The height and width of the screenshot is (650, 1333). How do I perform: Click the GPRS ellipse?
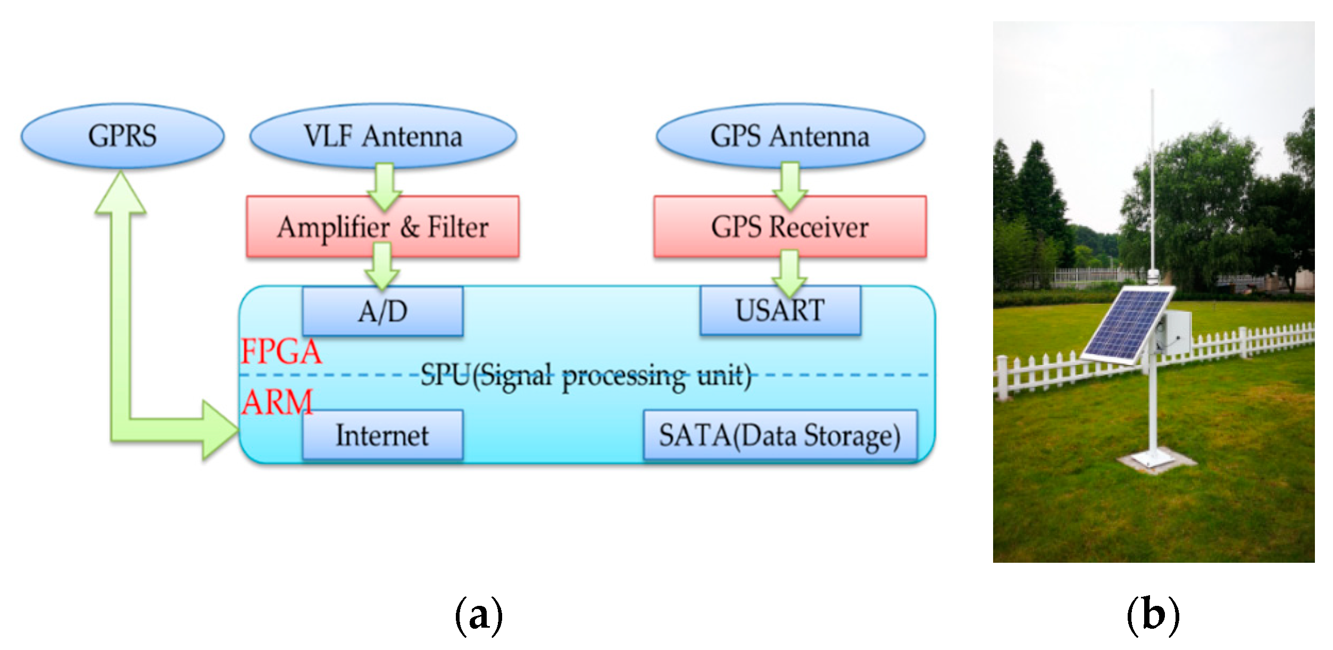122,136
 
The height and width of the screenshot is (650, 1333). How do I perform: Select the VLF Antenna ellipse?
383,136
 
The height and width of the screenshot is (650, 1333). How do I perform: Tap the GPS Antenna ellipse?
790,136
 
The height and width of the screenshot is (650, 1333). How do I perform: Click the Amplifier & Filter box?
383,227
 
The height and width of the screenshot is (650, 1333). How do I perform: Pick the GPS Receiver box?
790,227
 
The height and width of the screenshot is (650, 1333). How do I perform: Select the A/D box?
383,312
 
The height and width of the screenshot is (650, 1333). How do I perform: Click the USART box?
780,311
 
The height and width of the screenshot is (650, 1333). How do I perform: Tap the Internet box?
382,435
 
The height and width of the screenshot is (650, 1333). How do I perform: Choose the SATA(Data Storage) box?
780,435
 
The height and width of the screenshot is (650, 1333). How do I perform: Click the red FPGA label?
281,352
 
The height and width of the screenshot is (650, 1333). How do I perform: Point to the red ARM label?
277,403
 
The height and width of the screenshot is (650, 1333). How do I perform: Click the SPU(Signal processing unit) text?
586,376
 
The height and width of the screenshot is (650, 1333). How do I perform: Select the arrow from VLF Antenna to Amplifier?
384,186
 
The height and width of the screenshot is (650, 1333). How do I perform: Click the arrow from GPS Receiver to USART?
790,273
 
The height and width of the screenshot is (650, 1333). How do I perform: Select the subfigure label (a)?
479,615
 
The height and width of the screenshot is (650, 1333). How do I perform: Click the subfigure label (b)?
1153,615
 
